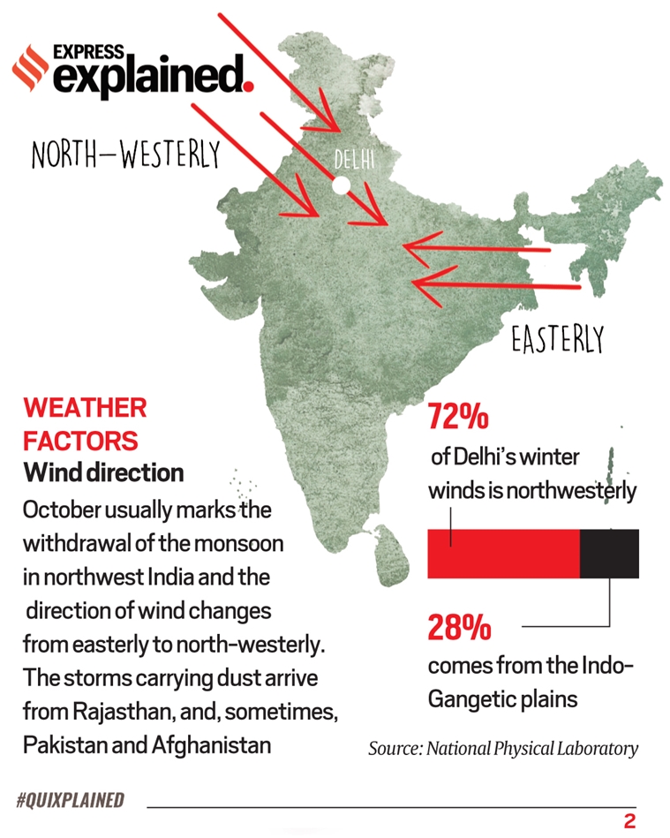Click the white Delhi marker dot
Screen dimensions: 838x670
coord(340,185)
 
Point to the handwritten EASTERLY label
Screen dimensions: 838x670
coord(557,338)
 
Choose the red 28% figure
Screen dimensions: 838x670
coord(459,628)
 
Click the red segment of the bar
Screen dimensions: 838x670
coord(503,554)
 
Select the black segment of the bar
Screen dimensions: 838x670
coord(609,554)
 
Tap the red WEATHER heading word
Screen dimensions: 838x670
coord(85,408)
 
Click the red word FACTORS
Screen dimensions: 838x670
coord(80,440)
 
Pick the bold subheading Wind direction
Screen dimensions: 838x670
coord(103,472)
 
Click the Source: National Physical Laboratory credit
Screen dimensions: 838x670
coord(502,749)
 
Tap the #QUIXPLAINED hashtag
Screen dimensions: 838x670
coord(70,801)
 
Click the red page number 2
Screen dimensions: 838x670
coord(629,820)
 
